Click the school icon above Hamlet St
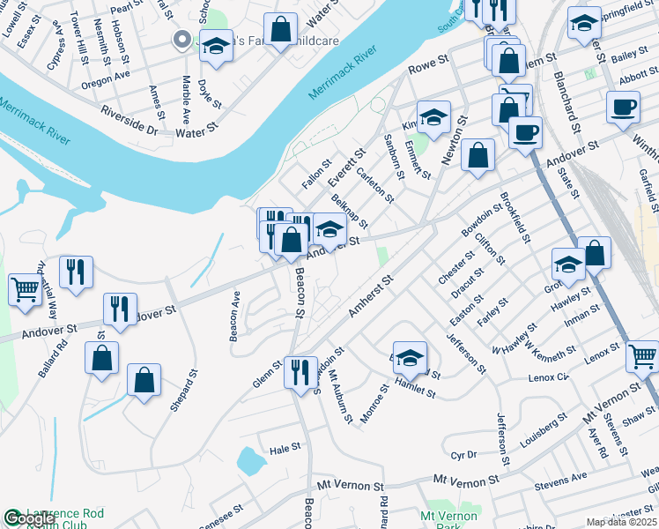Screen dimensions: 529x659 point(410,357)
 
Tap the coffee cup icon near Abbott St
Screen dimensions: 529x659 point(623,108)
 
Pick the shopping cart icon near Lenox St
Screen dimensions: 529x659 point(642,357)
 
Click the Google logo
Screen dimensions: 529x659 point(28,519)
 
